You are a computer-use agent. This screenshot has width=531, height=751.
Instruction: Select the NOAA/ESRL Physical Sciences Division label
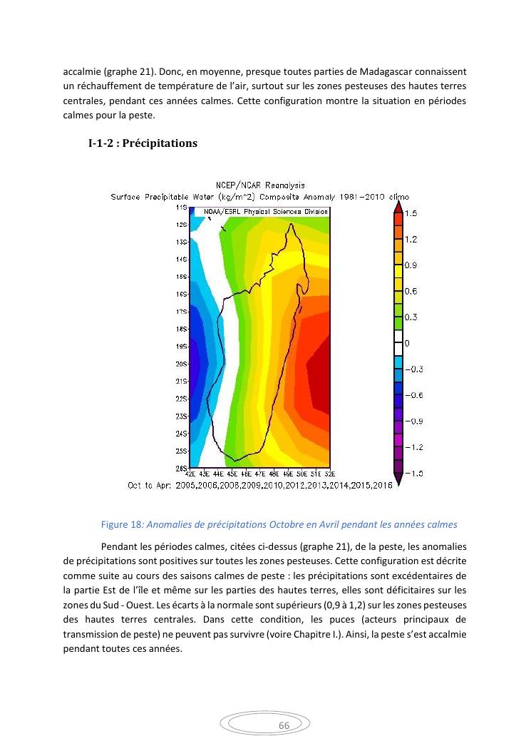point(266,212)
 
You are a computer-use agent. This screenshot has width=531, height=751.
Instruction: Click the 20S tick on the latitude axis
point(181,364)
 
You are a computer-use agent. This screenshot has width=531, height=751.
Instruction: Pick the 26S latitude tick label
point(181,468)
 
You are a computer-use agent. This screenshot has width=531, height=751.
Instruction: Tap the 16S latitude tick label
point(181,294)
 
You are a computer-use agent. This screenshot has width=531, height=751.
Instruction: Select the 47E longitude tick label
point(260,473)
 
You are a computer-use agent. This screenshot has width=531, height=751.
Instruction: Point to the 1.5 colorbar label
point(411,213)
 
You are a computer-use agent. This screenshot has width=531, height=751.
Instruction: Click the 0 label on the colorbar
point(407,343)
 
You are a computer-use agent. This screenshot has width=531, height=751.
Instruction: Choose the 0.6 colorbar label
point(411,291)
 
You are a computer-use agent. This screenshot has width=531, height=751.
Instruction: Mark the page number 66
point(284,725)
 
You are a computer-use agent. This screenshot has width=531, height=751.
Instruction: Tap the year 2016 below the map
point(382,485)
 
